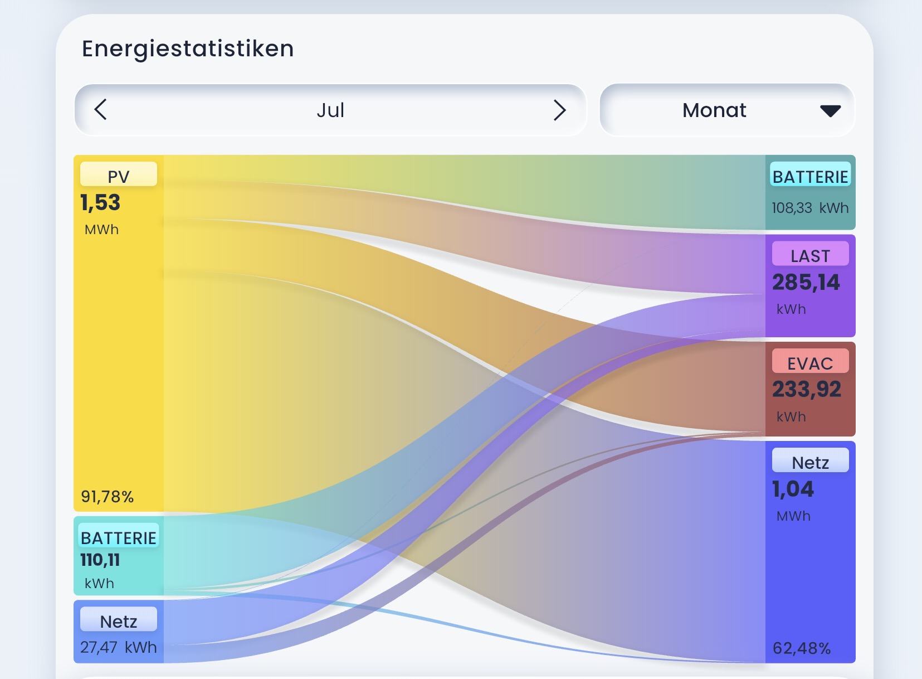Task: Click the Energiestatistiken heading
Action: click(188, 49)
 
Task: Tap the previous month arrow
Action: click(100, 109)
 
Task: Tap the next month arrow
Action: click(560, 110)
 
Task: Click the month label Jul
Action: click(330, 110)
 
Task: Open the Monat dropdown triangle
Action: click(830, 111)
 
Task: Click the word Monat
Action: click(714, 110)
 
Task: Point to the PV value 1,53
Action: click(100, 202)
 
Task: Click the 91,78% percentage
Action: click(107, 497)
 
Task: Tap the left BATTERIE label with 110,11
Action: click(119, 538)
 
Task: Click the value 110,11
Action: click(100, 560)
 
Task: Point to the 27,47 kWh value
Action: click(119, 647)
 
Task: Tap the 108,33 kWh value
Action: click(810, 208)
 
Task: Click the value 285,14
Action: click(806, 283)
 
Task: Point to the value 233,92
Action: click(806, 390)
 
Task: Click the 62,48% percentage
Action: click(802, 648)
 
